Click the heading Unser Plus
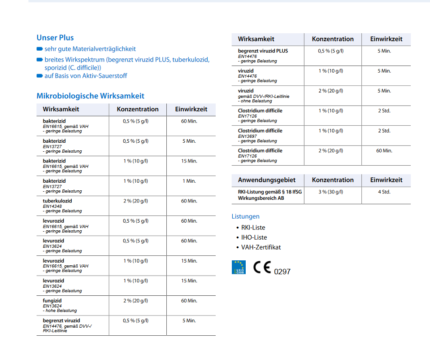click(x=55, y=38)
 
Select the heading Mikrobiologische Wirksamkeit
click(x=90, y=96)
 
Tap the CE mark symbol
click(x=262, y=268)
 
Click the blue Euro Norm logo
click(x=239, y=267)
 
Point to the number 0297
click(x=282, y=272)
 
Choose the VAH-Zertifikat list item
click(x=261, y=247)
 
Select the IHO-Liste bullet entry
click(x=254, y=237)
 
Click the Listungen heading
click(x=245, y=216)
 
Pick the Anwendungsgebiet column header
click(x=267, y=180)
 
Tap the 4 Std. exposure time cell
click(x=384, y=192)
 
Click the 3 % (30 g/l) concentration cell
click(x=331, y=192)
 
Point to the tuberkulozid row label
click(x=57, y=201)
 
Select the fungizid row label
click(x=52, y=301)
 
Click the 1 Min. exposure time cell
click(x=189, y=181)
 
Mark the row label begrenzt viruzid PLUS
click(x=263, y=51)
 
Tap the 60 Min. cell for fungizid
click(x=189, y=301)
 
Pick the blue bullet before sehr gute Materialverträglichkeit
click(x=40, y=49)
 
